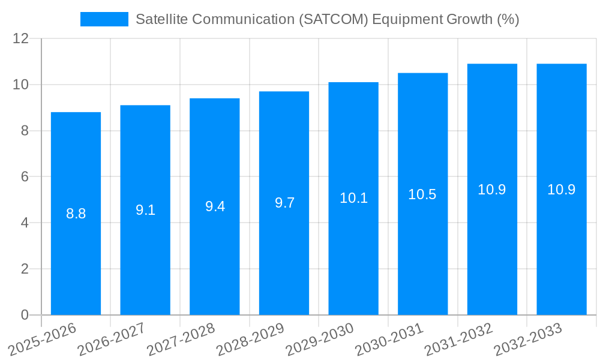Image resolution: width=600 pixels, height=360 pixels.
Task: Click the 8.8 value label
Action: coord(76,214)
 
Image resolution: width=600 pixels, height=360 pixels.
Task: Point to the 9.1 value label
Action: coord(145,210)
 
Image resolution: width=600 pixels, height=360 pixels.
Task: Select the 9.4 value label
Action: coord(215,206)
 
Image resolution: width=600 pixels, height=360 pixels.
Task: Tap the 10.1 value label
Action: coord(353,198)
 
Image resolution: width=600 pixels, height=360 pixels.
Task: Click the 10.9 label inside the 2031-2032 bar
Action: coord(492,190)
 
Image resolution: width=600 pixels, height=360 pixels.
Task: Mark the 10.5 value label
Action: coord(422,194)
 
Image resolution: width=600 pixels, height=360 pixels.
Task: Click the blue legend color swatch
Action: coord(104,19)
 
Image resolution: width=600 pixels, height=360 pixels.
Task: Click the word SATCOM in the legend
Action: coord(332,19)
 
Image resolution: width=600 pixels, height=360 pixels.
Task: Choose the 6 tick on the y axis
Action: coord(25,176)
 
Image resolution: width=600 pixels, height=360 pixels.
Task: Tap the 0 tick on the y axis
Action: coord(25,315)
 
